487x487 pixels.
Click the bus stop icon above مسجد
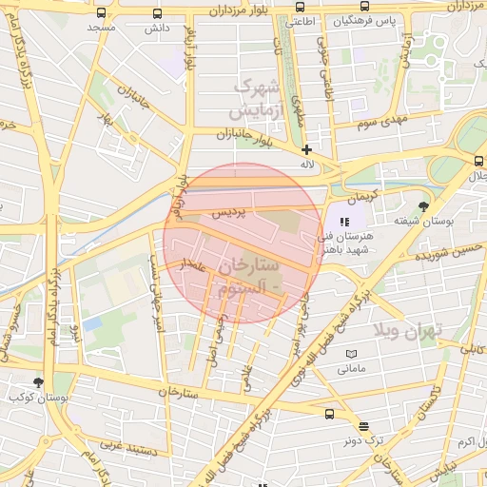pos(102,13)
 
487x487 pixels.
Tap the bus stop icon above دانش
pos(157,13)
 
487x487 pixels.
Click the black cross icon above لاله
pos(306,149)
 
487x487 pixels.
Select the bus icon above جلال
pos(478,161)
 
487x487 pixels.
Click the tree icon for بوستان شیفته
pos(423,205)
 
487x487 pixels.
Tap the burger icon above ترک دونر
pos(363,426)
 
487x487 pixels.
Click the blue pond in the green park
pos(91,323)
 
